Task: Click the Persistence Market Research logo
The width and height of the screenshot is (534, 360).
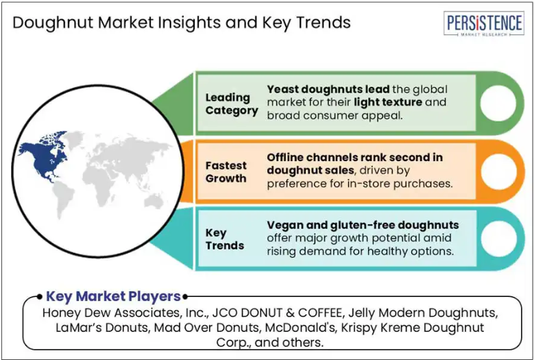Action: [x=484, y=23]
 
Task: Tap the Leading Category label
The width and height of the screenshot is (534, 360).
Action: [x=232, y=104]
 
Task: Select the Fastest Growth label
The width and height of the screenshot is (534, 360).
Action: [x=226, y=171]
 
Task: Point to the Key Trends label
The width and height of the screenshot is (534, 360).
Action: [x=224, y=239]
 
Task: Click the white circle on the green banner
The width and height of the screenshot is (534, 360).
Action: [x=498, y=103]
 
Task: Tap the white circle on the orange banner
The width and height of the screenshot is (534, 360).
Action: [x=498, y=171]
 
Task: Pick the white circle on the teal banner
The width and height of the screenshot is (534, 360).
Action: [x=498, y=239]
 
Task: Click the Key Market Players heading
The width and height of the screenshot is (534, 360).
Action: [x=113, y=296]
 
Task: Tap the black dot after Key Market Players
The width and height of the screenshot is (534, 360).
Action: [x=185, y=297]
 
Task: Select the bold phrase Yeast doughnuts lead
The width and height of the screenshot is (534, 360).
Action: [x=328, y=89]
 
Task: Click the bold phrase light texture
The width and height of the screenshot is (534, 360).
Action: [x=388, y=102]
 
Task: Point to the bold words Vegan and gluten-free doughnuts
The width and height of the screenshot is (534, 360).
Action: [x=363, y=225]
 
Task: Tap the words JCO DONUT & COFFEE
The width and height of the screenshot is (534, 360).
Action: [x=278, y=312]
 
